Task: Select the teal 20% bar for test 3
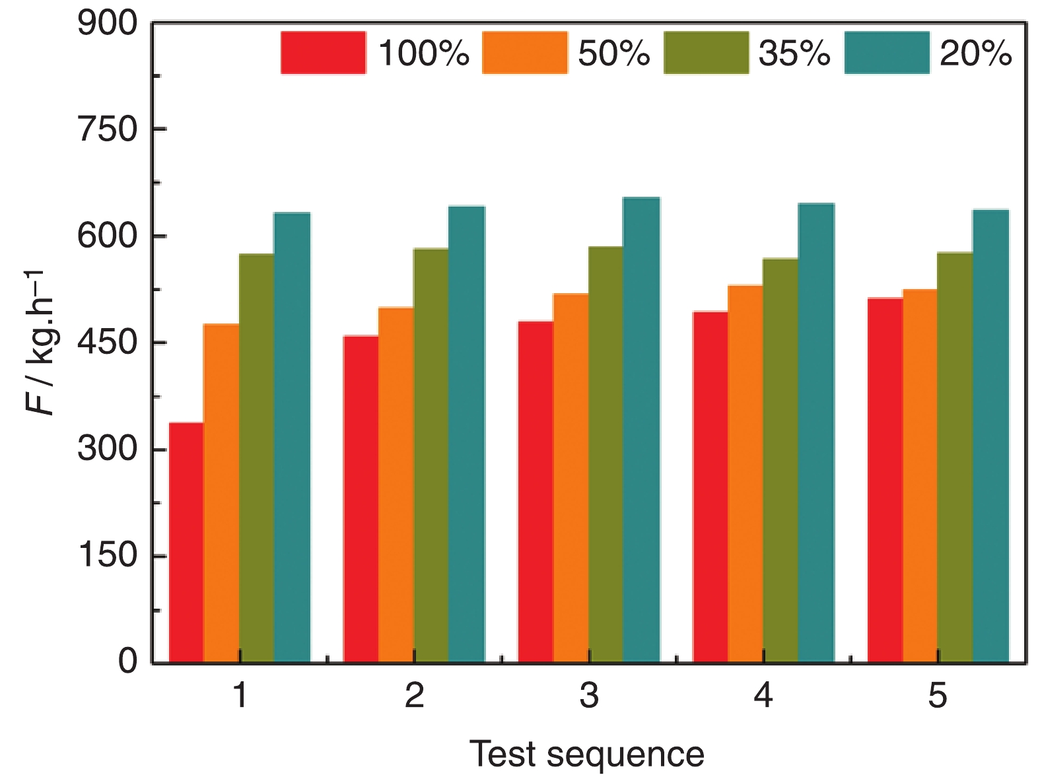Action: [x=641, y=429]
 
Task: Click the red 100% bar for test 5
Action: [x=885, y=480]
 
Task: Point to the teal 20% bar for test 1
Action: [x=292, y=437]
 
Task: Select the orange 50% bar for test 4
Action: [x=745, y=473]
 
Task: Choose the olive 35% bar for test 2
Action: [x=431, y=455]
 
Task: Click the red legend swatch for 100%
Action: [x=323, y=52]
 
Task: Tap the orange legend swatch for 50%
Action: [x=525, y=52]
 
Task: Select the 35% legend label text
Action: [x=794, y=53]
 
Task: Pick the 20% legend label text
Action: [x=975, y=53]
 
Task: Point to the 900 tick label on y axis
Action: [x=108, y=24]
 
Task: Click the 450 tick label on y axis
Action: [x=108, y=343]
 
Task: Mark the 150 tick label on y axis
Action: [x=108, y=555]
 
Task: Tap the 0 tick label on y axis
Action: [x=128, y=661]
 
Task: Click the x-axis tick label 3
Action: [x=589, y=696]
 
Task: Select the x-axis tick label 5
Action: [x=938, y=696]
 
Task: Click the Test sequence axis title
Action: [x=587, y=753]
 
